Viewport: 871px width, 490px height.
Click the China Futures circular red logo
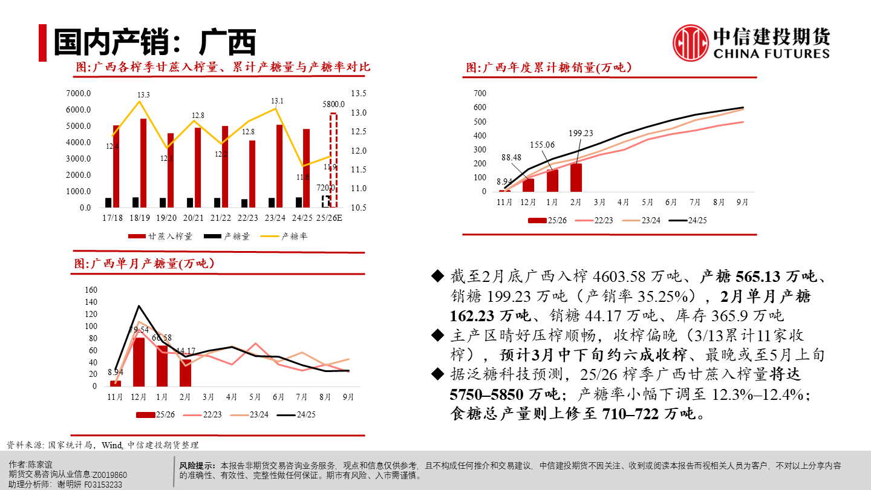point(691,43)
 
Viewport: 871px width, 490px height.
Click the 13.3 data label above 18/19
point(143,95)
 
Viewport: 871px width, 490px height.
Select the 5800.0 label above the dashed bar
point(333,104)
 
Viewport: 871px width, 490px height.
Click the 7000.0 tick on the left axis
point(79,94)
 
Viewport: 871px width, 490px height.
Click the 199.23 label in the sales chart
point(581,134)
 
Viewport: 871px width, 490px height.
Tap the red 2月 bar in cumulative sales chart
point(576,177)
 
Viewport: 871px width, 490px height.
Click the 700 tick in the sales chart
point(480,93)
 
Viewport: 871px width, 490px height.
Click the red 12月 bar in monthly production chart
point(139,362)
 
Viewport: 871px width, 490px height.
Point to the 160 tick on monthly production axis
point(91,290)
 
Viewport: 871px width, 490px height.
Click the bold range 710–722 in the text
point(629,414)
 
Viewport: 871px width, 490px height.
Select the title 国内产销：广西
point(155,42)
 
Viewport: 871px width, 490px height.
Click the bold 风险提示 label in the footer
point(197,466)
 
